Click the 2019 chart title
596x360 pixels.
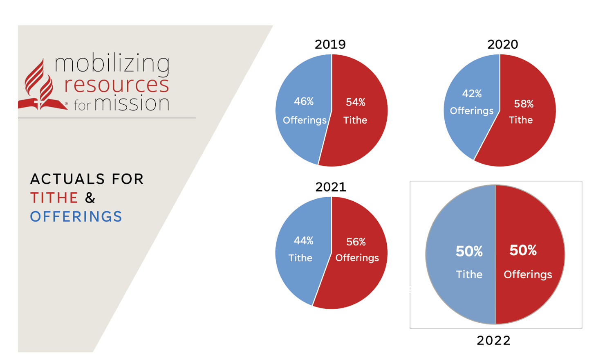pyautogui.click(x=330, y=44)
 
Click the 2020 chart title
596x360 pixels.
pyautogui.click(x=502, y=44)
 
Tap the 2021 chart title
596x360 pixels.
pyautogui.click(x=330, y=187)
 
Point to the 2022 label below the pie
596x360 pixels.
pyautogui.click(x=493, y=340)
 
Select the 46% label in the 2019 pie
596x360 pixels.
pyautogui.click(x=304, y=101)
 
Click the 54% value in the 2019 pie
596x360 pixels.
pyautogui.click(x=355, y=102)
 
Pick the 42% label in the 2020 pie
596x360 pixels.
pyautogui.click(x=472, y=94)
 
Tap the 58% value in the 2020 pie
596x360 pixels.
pyautogui.click(x=523, y=104)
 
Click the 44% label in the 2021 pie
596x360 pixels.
pyautogui.click(x=303, y=241)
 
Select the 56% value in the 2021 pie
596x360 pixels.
pyautogui.click(x=356, y=242)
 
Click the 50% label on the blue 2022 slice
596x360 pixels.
pyautogui.click(x=469, y=251)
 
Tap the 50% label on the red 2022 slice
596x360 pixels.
pyautogui.click(x=523, y=250)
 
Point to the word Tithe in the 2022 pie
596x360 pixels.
pyautogui.click(x=469, y=274)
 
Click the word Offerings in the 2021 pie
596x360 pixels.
pyautogui.click(x=357, y=258)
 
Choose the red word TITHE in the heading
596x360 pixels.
pyautogui.click(x=54, y=198)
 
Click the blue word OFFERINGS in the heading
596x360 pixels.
pyautogui.click(x=76, y=216)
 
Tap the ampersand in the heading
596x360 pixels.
pyautogui.click(x=90, y=198)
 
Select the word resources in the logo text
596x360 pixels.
pyautogui.click(x=117, y=84)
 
